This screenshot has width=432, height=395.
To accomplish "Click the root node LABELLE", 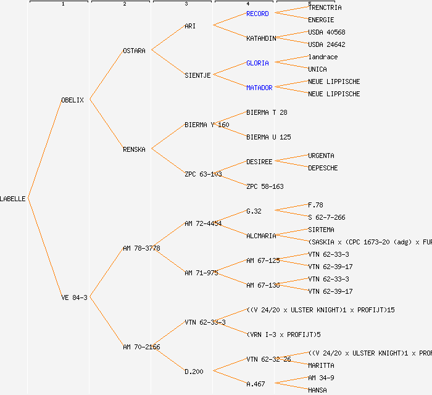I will (13, 199).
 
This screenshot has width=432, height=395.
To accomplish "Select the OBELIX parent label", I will (72, 100).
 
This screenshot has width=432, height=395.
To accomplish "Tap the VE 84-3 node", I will (74, 297).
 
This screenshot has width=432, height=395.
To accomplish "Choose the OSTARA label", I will (134, 51).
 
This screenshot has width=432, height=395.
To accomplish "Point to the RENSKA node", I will (134, 149).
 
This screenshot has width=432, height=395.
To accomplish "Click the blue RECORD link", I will (257, 14).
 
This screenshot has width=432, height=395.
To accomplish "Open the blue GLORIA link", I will (257, 63).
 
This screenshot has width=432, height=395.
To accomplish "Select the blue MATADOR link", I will (259, 88).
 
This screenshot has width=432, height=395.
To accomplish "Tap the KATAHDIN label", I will (261, 38).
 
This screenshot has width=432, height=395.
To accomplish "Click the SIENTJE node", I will (197, 75).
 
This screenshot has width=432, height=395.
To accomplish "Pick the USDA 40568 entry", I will (326, 32).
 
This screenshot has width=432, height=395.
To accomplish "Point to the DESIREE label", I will (259, 162).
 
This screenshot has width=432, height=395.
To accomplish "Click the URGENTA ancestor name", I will (323, 156).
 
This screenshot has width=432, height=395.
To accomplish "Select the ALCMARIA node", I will (261, 236).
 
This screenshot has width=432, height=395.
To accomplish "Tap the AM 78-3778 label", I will (141, 248).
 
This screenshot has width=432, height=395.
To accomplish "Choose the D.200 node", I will (194, 372).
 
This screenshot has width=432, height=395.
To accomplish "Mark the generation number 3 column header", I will (186, 4).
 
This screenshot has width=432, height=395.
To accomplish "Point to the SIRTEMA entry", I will (321, 230).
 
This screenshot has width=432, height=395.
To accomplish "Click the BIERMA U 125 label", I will (268, 137).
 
